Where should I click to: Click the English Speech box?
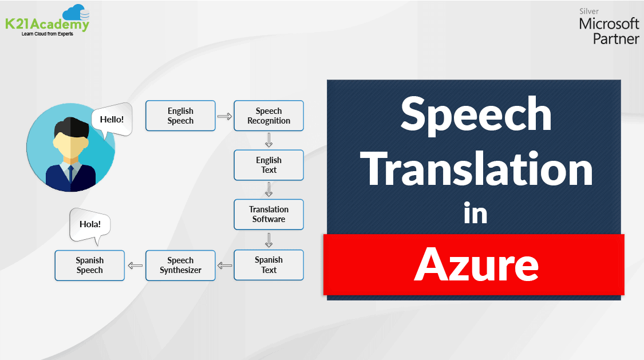coord(180,116)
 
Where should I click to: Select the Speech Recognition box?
coord(268,116)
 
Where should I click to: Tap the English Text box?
coord(268,165)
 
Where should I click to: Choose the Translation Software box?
coord(268,214)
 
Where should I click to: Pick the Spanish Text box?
coord(268,265)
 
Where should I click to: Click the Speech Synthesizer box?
coord(180,265)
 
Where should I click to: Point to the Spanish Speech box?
coord(89,265)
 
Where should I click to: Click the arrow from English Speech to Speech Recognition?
coord(224,116)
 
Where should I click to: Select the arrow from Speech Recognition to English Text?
coord(268,140)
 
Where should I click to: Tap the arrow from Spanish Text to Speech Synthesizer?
coord(225,265)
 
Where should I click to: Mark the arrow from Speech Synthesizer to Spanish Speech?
coord(135,265)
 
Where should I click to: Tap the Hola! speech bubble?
coord(90,224)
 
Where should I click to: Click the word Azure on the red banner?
coord(476,264)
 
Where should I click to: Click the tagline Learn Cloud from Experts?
coord(48,34)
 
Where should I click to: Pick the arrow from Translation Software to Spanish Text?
coord(268,239)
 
